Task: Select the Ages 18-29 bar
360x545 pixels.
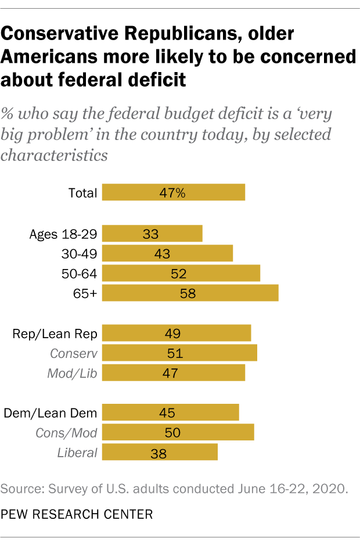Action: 152,234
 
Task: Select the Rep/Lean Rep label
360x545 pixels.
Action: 55,334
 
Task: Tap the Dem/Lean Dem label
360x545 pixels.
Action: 50,413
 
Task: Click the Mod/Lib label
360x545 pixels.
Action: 73,372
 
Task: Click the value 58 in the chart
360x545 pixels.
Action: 188,293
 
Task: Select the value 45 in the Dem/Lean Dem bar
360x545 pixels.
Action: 167,413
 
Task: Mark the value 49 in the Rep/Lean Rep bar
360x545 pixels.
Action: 173,334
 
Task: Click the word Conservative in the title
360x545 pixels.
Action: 62,34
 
